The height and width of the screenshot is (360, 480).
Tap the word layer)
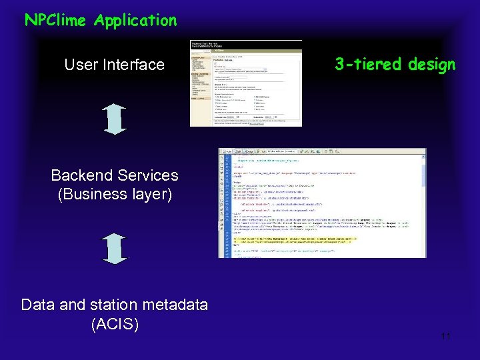point(151,194)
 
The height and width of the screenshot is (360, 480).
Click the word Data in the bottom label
point(38,305)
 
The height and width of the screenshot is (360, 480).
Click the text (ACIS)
point(115,324)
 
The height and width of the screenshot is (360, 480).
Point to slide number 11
point(446,337)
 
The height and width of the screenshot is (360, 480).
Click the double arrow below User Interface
point(116,119)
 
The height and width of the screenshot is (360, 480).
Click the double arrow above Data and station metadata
point(116,249)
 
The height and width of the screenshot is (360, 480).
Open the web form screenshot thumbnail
point(246,83)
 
